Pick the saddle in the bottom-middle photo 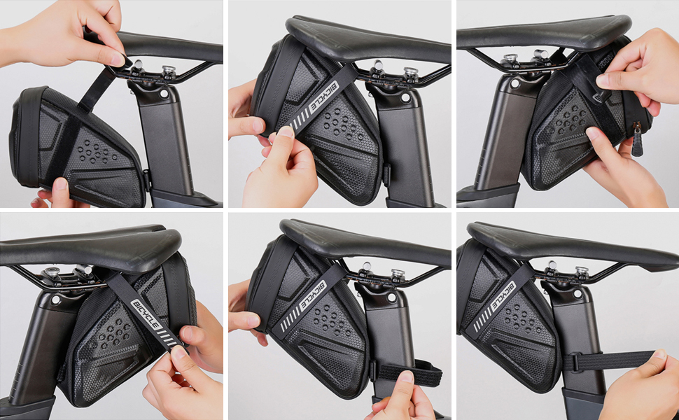point(364,241)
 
